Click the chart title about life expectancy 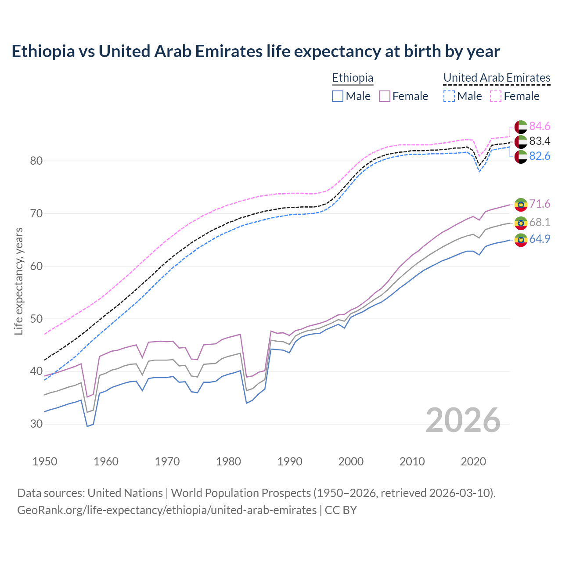(x=256, y=51)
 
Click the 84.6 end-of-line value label (x=540, y=126)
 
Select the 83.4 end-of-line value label (x=540, y=141)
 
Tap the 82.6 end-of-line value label (x=540, y=156)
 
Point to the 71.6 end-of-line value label (x=540, y=204)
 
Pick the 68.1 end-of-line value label (x=540, y=223)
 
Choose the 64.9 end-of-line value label (x=540, y=239)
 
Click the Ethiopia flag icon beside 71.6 (x=521, y=205)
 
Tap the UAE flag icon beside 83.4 (x=521, y=141)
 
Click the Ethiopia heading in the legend (x=353, y=78)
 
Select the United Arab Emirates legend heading (x=497, y=78)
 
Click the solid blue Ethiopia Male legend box (x=338, y=96)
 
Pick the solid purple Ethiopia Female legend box (x=385, y=96)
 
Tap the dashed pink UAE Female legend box (x=496, y=96)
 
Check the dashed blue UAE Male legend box (x=449, y=96)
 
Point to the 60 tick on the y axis (x=36, y=266)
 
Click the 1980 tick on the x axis (x=228, y=461)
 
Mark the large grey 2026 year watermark (x=463, y=420)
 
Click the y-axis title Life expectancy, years (x=18, y=281)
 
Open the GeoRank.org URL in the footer (x=167, y=510)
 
